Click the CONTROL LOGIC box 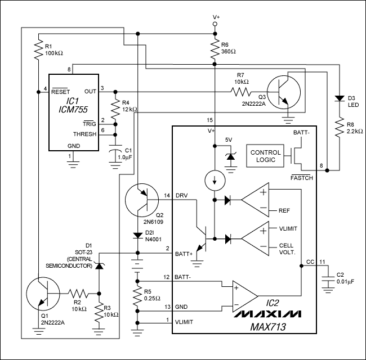pos(266,156)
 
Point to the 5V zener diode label pos(229,139)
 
